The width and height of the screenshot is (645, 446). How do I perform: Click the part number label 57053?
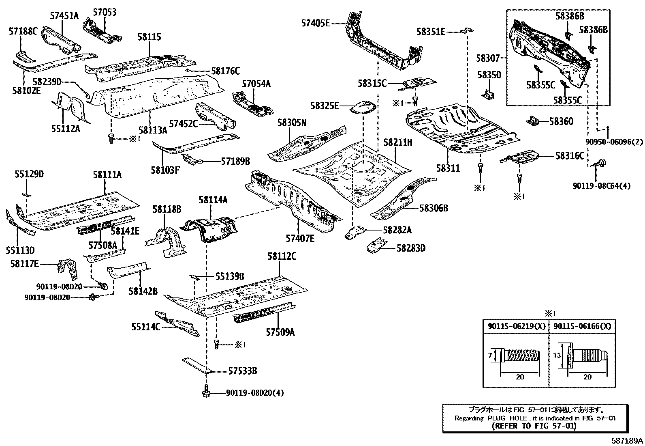click(x=104, y=12)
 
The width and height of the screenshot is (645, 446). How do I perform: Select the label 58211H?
click(x=398, y=142)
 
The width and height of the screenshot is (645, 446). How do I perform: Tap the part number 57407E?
click(x=300, y=238)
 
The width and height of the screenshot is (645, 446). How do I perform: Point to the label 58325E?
click(x=325, y=106)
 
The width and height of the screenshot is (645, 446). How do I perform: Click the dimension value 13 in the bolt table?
click(x=557, y=356)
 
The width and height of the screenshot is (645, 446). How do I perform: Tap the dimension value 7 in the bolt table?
click(x=490, y=356)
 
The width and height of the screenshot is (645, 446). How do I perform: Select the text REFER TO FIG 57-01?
click(x=533, y=426)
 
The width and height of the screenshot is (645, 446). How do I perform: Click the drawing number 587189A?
click(x=627, y=440)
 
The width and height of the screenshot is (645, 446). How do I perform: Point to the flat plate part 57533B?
click(x=197, y=365)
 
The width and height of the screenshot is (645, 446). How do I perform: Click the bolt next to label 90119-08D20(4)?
click(x=205, y=392)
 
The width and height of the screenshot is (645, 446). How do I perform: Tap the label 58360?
click(x=561, y=121)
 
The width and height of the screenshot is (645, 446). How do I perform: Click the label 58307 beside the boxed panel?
click(x=488, y=58)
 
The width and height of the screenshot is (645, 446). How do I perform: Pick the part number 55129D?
click(x=29, y=175)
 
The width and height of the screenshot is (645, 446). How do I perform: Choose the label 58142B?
click(x=143, y=291)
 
